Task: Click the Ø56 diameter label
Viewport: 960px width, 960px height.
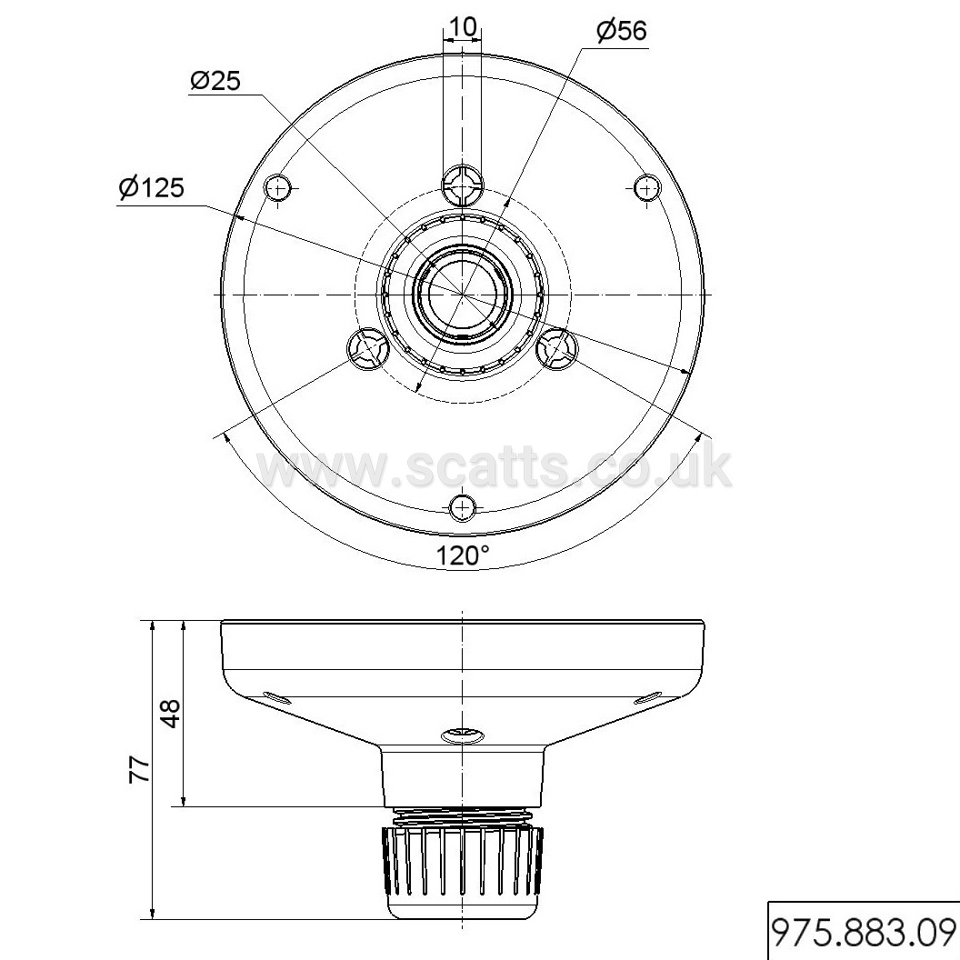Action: (x=622, y=31)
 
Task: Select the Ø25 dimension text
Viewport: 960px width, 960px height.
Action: (x=215, y=80)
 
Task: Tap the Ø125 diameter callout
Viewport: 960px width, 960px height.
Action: (x=151, y=188)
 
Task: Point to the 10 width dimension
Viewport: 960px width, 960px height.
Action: (x=462, y=27)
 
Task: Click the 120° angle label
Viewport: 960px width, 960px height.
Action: (x=462, y=556)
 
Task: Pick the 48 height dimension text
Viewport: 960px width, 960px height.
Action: (x=170, y=713)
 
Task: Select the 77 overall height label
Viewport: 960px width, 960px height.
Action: (x=140, y=769)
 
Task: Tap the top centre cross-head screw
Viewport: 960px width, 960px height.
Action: (x=462, y=183)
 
